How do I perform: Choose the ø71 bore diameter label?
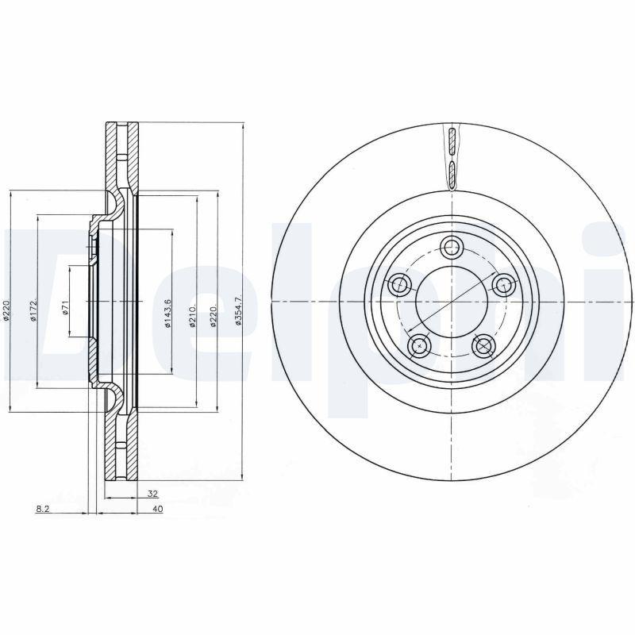[x=66, y=306]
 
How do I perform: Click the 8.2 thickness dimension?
[x=44, y=509]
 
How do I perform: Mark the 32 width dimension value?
[x=152, y=494]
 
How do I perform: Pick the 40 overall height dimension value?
[x=157, y=509]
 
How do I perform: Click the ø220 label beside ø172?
[x=6, y=310]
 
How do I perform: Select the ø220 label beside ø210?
[x=214, y=314]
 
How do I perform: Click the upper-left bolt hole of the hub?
[x=399, y=283]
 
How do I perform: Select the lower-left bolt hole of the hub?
[x=419, y=344]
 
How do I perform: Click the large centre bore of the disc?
[x=452, y=301]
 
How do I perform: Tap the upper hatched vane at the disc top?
[x=450, y=141]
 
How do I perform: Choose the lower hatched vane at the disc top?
[x=451, y=171]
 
